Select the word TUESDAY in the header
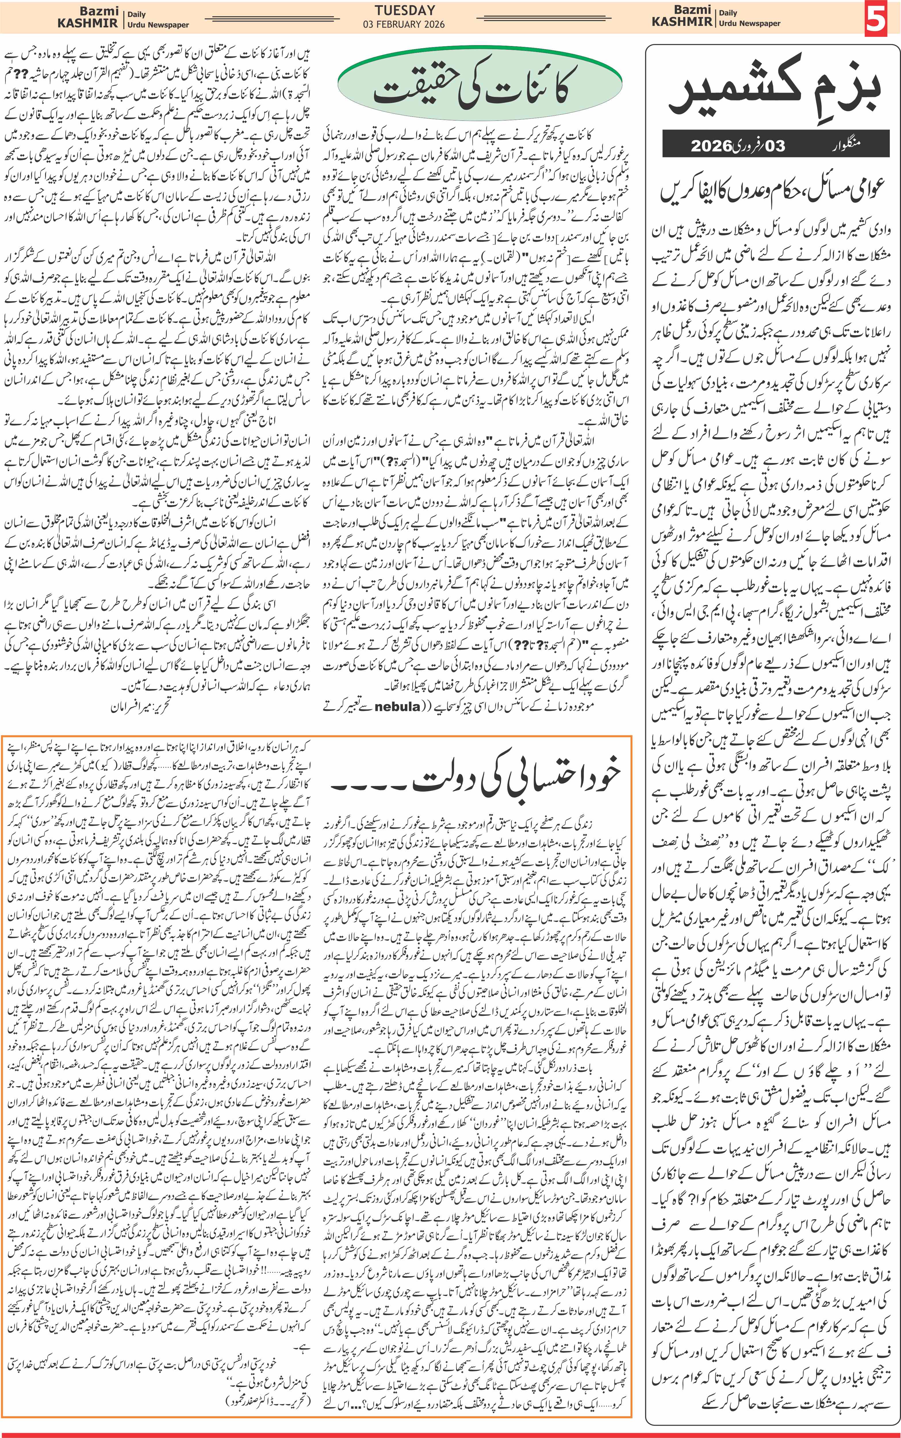click(x=405, y=10)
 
